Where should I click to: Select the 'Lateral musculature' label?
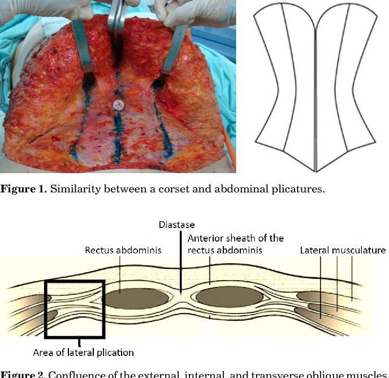(343, 250)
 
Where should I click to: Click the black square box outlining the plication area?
(74, 309)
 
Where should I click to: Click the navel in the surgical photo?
(119, 105)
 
